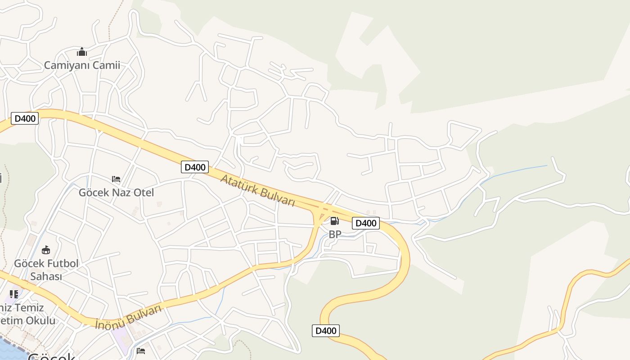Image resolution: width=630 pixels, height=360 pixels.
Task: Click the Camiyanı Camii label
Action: pyautogui.click(x=82, y=65)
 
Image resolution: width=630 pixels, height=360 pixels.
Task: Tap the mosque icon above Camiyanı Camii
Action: pyautogui.click(x=81, y=52)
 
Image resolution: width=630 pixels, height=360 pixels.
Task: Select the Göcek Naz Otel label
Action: pyautogui.click(x=116, y=193)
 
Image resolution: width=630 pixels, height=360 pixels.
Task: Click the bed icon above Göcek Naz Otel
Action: pyautogui.click(x=116, y=179)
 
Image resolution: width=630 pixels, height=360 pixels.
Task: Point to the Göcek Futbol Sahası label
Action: pyautogui.click(x=46, y=270)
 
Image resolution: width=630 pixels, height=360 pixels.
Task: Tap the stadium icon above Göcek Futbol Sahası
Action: pyautogui.click(x=46, y=250)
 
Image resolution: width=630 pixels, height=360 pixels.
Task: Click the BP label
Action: pyautogui.click(x=335, y=234)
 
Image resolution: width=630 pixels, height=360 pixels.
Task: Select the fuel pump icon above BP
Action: pyautogui.click(x=334, y=221)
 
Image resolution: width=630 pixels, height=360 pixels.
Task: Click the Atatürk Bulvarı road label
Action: pyautogui.click(x=257, y=190)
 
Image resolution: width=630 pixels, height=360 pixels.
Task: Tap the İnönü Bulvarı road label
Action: pyautogui.click(x=128, y=317)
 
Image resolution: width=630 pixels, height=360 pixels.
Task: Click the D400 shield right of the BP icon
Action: pyautogui.click(x=365, y=223)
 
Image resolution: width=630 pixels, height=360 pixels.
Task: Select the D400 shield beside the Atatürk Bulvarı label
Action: pyautogui.click(x=195, y=167)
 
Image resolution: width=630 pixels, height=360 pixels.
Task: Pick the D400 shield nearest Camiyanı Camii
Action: pyautogui.click(x=24, y=118)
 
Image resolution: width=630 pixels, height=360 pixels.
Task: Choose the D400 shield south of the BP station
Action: pyautogui.click(x=325, y=331)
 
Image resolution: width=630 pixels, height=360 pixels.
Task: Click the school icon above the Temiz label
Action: pyautogui.click(x=13, y=294)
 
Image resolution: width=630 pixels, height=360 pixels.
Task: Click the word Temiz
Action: pyautogui.click(x=30, y=308)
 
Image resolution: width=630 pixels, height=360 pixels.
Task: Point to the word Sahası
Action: pyautogui.click(x=46, y=276)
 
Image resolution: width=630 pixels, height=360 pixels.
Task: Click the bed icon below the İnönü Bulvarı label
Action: pyautogui.click(x=141, y=351)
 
